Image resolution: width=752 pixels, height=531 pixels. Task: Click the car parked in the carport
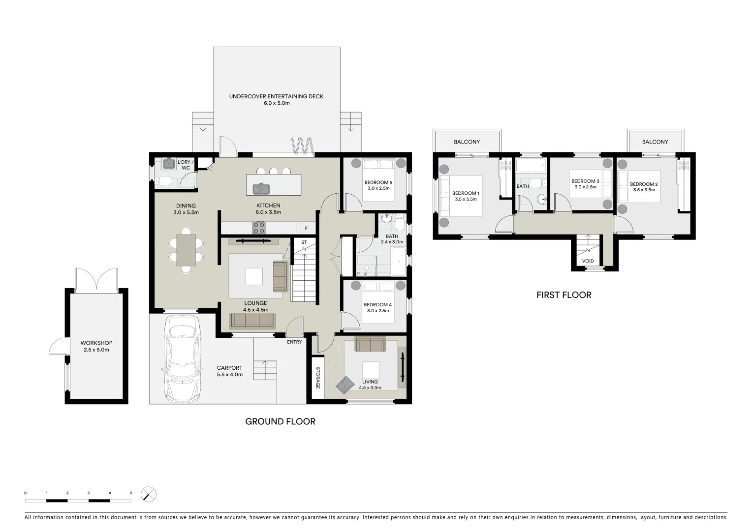182,358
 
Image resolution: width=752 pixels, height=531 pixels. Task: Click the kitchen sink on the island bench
261,189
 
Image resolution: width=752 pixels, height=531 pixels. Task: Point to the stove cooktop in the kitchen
259,228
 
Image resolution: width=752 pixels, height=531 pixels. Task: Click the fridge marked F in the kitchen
306,228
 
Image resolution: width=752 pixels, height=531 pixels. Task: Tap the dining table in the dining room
186,250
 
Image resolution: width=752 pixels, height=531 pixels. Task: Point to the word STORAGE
318,378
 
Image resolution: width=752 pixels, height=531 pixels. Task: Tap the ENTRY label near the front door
294,342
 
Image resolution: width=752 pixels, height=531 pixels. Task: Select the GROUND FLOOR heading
280,421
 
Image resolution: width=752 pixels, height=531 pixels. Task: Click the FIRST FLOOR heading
564,295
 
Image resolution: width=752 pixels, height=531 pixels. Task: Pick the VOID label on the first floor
588,261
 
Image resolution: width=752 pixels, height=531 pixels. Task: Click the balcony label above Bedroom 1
467,142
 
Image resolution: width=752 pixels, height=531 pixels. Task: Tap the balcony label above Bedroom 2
655,142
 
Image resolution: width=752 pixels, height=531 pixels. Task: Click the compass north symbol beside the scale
149,494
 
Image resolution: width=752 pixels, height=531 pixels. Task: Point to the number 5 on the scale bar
131,493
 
